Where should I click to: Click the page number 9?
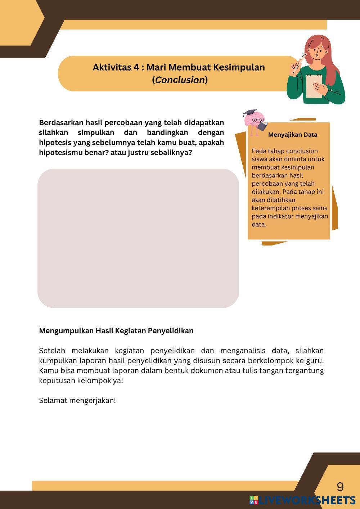pyautogui.click(x=340, y=487)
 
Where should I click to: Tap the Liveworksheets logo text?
pyautogui.click(x=306, y=500)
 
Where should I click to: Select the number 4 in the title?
pyautogui.click(x=138, y=67)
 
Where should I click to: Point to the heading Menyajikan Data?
pyautogui.click(x=292, y=135)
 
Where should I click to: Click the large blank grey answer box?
pyautogui.click(x=138, y=238)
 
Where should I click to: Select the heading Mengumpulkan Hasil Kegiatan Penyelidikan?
pyautogui.click(x=116, y=330)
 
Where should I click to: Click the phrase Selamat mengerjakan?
pyautogui.click(x=77, y=400)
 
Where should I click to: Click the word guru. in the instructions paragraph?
pyautogui.click(x=315, y=360)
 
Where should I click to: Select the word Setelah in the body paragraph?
pyautogui.click(x=52, y=351)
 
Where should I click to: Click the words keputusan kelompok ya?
pyautogui.click(x=81, y=380)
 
